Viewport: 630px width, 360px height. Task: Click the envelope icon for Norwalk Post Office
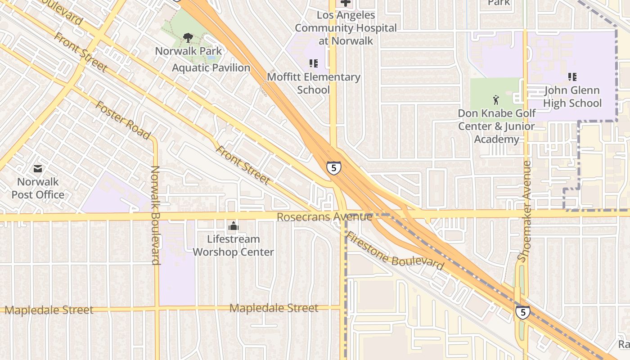pyautogui.click(x=38, y=169)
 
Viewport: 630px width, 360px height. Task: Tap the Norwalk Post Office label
pyautogui.click(x=38, y=189)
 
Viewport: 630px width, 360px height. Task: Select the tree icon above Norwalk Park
pyautogui.click(x=188, y=38)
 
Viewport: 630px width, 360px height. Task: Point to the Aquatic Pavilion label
pyautogui.click(x=211, y=68)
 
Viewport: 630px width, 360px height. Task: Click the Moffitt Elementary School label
pyautogui.click(x=314, y=83)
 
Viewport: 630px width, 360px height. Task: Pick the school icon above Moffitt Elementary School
pyautogui.click(x=314, y=63)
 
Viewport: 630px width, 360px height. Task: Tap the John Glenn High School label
pyautogui.click(x=572, y=97)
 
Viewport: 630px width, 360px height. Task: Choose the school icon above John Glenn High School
pyautogui.click(x=572, y=77)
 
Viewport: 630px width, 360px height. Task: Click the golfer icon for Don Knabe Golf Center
pyautogui.click(x=496, y=99)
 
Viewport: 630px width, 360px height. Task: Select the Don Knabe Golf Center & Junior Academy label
pyautogui.click(x=496, y=126)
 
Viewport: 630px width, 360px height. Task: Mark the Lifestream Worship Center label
pyautogui.click(x=233, y=245)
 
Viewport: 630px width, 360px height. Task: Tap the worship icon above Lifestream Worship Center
pyautogui.click(x=233, y=225)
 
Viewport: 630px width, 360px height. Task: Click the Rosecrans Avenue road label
pyautogui.click(x=324, y=217)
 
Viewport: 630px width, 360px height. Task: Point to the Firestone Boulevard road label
pyautogui.click(x=395, y=251)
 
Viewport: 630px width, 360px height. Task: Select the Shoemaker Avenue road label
pyautogui.click(x=525, y=211)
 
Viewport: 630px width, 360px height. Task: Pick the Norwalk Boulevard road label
pyautogui.click(x=156, y=215)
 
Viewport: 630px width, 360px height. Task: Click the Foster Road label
pyautogui.click(x=122, y=120)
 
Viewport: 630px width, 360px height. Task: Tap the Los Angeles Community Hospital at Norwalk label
pyautogui.click(x=346, y=28)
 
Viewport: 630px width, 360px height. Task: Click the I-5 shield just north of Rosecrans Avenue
pyautogui.click(x=334, y=168)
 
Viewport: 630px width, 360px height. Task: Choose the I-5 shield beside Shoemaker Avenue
pyautogui.click(x=522, y=312)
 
